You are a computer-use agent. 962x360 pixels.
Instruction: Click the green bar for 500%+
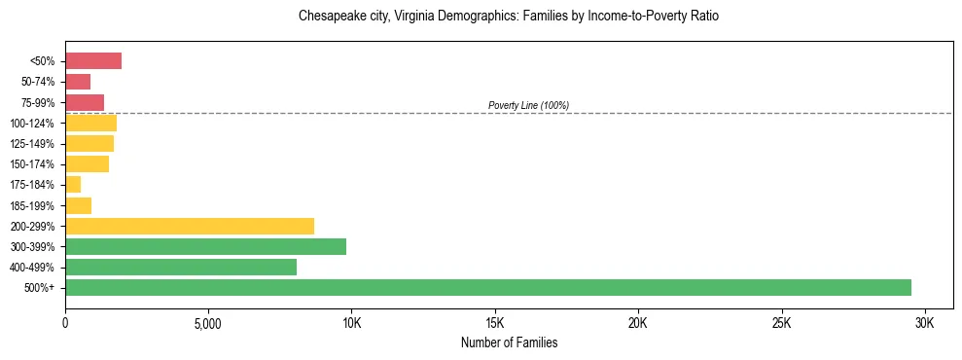click(487, 287)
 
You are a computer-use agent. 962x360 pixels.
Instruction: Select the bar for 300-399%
click(205, 246)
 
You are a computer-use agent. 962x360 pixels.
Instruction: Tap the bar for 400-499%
click(181, 267)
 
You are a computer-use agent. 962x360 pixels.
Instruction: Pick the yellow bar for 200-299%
click(190, 226)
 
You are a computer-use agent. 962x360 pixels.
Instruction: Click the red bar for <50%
click(93, 61)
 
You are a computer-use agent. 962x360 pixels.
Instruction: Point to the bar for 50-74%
click(78, 82)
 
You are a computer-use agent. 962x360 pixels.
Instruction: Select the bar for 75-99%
click(85, 102)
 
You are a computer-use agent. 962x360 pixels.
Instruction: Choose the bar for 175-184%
click(73, 184)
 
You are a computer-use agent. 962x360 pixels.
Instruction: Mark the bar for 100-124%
click(90, 123)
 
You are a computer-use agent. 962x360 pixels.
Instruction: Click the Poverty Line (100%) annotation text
click(528, 105)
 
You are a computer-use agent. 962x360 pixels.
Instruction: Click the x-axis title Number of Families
click(509, 342)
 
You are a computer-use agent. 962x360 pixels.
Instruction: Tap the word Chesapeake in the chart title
click(331, 17)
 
